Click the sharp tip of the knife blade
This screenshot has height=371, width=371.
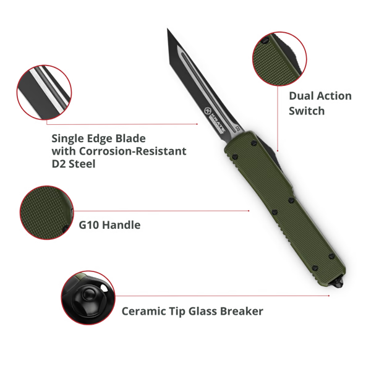(168, 29)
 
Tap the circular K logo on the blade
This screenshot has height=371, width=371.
(208, 111)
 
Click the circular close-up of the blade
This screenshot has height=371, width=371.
(45, 92)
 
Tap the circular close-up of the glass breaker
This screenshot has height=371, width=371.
(88, 297)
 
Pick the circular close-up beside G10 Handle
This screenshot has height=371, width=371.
(46, 213)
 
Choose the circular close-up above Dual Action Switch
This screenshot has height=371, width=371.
(279, 59)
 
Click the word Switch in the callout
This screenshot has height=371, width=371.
(307, 111)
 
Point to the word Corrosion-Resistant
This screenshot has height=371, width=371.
(132, 151)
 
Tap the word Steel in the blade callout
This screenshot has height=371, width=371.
(82, 164)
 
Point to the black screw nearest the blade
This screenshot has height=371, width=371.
(254, 143)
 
